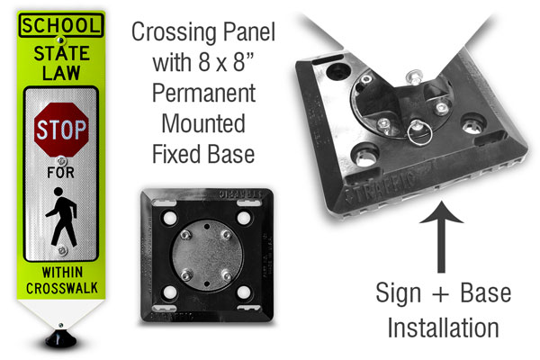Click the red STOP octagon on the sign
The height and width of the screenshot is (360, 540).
pyautogui.click(x=61, y=130)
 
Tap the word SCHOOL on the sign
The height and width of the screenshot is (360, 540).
pyautogui.click(x=61, y=25)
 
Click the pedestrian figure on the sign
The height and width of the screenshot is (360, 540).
pyautogui.click(x=61, y=217)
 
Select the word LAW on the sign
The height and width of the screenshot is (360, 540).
pyautogui.click(x=61, y=73)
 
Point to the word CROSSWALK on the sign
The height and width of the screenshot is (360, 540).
pyautogui.click(x=62, y=288)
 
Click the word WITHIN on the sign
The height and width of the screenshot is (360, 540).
pyautogui.click(x=62, y=272)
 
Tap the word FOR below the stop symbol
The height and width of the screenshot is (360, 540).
pyautogui.click(x=61, y=172)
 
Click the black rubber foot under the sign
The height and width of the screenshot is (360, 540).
pyautogui.click(x=61, y=338)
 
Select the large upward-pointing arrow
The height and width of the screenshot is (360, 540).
pyautogui.click(x=441, y=237)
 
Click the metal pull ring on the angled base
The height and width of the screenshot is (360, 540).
pyautogui.click(x=419, y=132)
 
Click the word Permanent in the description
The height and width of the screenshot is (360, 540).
pyautogui.click(x=204, y=93)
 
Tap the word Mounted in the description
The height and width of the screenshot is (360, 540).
pyautogui.click(x=203, y=123)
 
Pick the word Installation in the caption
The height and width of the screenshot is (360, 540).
pyautogui.click(x=443, y=328)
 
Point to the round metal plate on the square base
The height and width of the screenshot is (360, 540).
pyautogui.click(x=207, y=255)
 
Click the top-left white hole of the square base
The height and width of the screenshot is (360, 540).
pyautogui.click(x=170, y=218)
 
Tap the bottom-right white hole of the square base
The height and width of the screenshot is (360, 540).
pyautogui.click(x=244, y=292)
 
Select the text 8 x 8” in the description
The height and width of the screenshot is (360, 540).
pyautogui.click(x=226, y=63)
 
